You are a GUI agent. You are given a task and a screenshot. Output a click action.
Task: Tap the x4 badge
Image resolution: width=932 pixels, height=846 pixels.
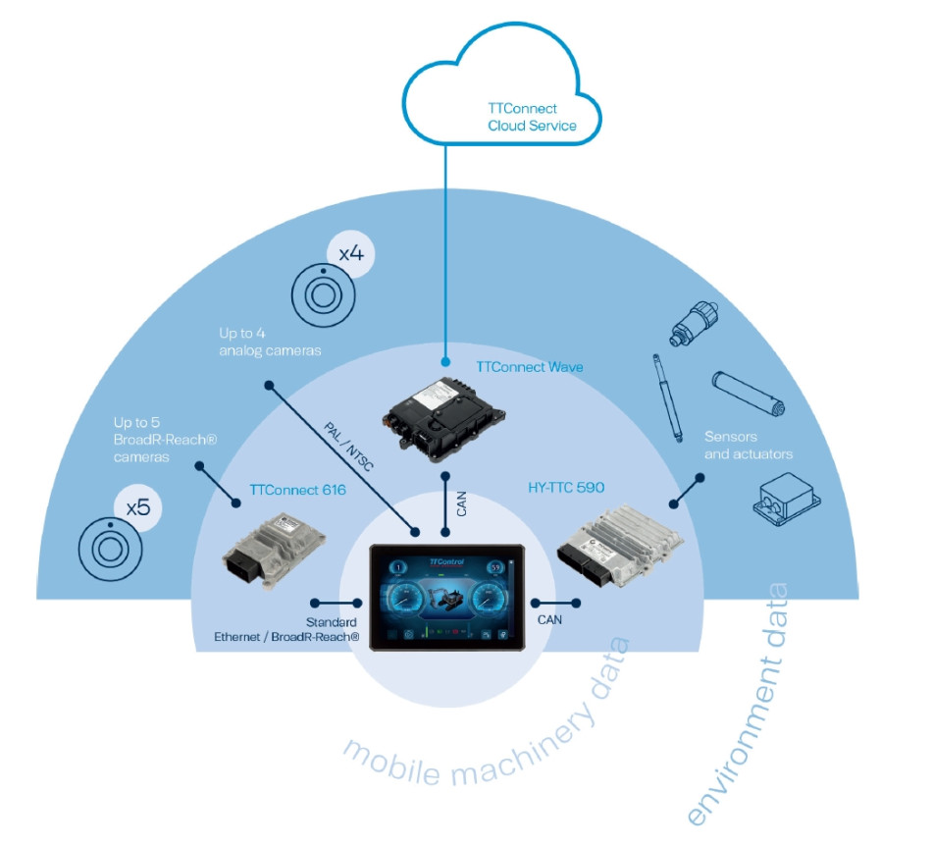[350, 254]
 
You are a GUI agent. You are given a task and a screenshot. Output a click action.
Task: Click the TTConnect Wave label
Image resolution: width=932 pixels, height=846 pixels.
[530, 367]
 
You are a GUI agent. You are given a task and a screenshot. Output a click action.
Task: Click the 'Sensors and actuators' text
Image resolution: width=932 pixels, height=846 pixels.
[749, 445]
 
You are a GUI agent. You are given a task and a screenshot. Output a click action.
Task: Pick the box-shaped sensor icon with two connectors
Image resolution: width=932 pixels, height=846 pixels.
[784, 502]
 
